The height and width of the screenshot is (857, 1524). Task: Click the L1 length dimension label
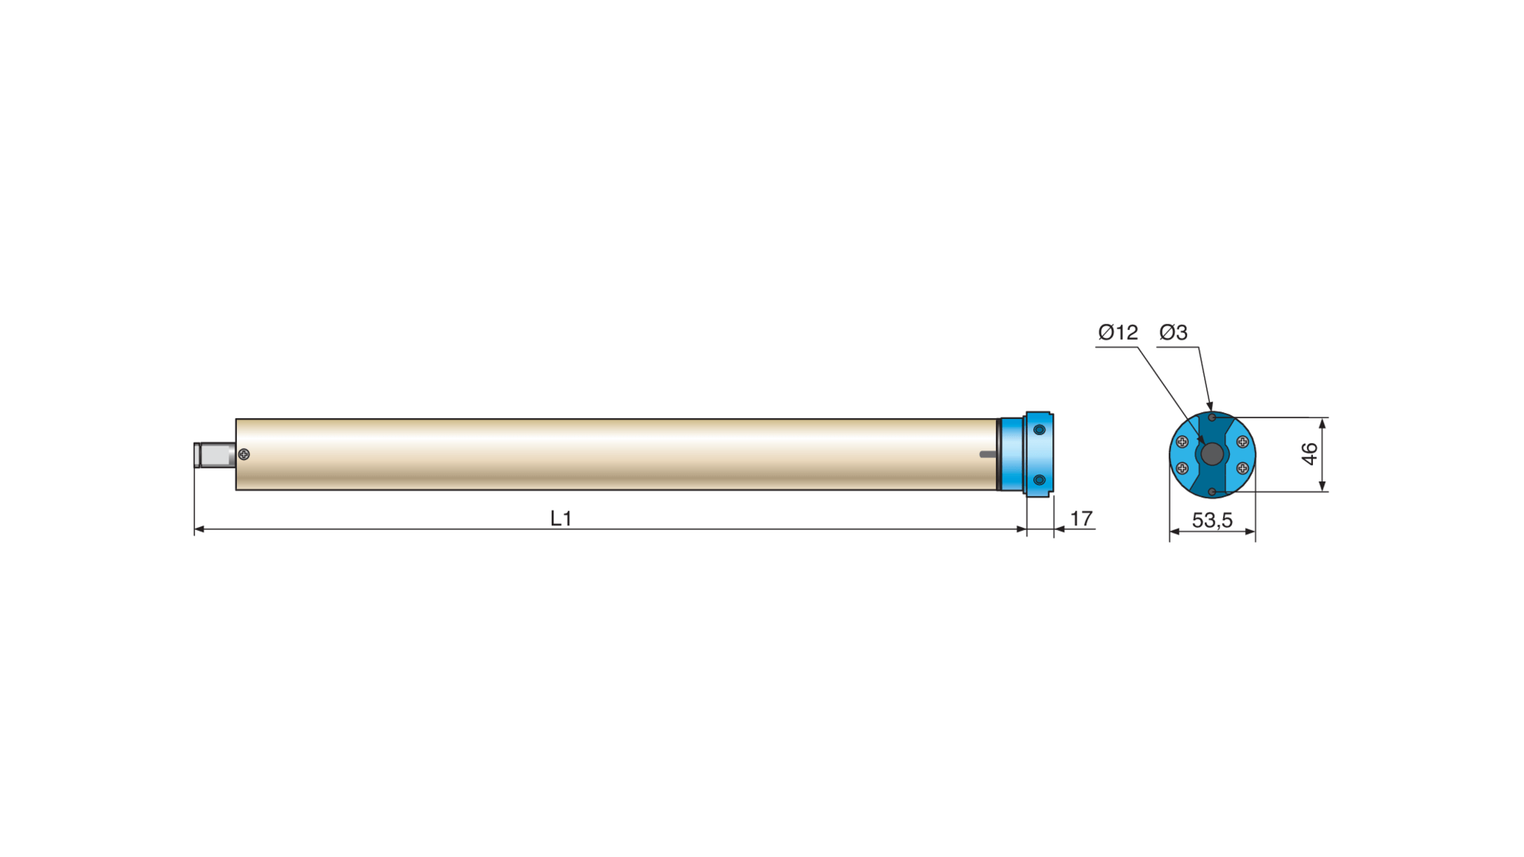coord(561,519)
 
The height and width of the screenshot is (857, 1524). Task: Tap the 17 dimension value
coord(1081,519)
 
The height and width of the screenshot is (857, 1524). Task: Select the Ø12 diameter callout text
coord(1118,332)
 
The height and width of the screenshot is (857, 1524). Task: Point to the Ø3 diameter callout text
coord(1173,332)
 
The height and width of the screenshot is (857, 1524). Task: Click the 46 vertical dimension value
coord(1309,454)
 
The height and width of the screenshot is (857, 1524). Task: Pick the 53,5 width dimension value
coord(1212,520)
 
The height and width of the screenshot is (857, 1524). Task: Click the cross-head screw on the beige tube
coord(244,454)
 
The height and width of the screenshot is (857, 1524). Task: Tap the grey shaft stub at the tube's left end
coord(215,455)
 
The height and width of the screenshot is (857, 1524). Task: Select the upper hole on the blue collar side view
coord(1039,430)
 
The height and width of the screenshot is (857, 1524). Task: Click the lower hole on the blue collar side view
coord(1039,480)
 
